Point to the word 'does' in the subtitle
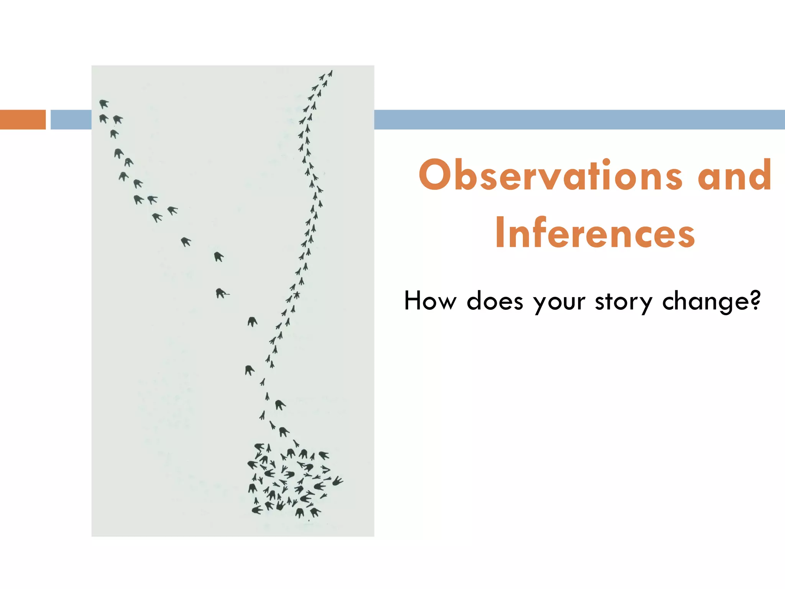[x=495, y=301]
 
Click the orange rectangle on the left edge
[x=23, y=120]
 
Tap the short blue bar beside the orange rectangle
[x=71, y=120]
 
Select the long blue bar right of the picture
[x=579, y=120]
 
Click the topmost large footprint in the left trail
[x=103, y=104]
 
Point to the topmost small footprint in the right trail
[x=330, y=73]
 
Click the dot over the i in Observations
[x=607, y=161]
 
